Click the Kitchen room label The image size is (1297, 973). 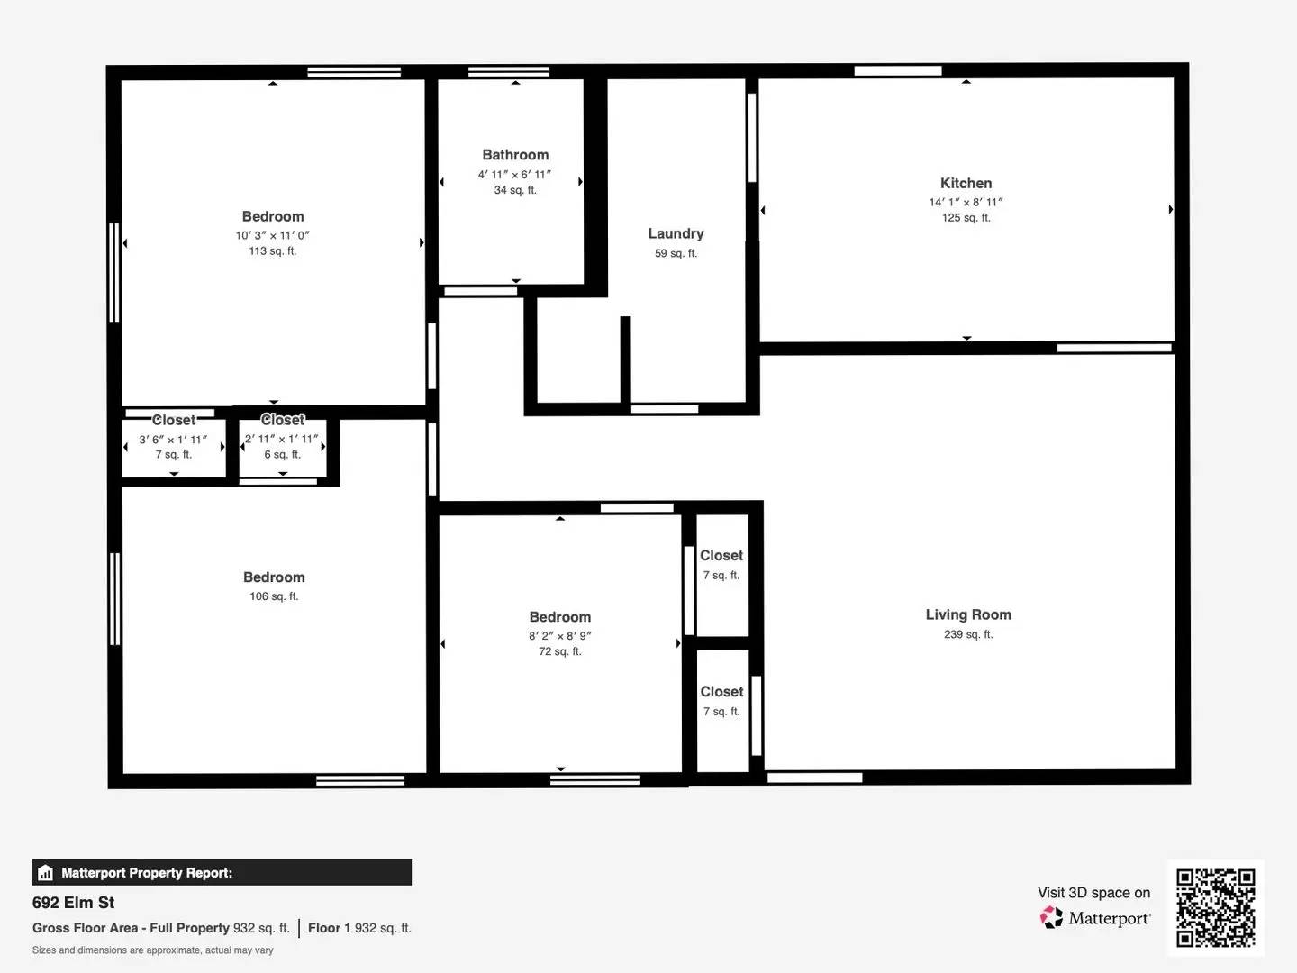966,183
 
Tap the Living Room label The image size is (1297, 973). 968,614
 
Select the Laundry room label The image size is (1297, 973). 676,233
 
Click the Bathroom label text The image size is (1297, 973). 515,155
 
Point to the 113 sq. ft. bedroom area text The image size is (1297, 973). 273,251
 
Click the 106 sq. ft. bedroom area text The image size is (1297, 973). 274,596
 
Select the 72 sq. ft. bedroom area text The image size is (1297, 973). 560,651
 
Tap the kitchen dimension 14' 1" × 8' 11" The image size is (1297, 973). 966,202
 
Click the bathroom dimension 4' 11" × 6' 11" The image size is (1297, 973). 515,174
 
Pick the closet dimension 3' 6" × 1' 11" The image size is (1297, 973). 173,440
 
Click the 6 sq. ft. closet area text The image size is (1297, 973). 282,455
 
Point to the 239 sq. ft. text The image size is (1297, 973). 968,634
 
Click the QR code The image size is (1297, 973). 1216,908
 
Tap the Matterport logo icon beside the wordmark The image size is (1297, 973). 1051,918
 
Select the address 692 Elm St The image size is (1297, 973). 74,903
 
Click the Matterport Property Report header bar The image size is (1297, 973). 222,872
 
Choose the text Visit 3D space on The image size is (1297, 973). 1093,893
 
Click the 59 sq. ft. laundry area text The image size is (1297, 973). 676,254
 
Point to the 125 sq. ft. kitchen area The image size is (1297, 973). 966,218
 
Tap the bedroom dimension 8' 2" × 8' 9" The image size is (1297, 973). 560,635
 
